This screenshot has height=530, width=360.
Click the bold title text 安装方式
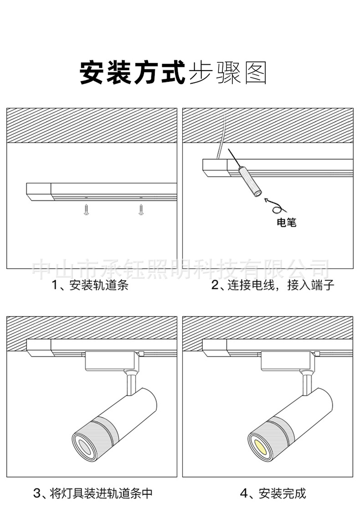click(132, 73)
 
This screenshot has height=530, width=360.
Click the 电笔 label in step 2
click(287, 223)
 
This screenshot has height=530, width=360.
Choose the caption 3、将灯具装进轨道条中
click(93, 493)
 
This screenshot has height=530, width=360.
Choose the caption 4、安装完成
click(273, 493)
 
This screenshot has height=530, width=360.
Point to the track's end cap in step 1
click(38, 191)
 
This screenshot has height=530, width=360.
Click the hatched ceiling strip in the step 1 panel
click(91, 125)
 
